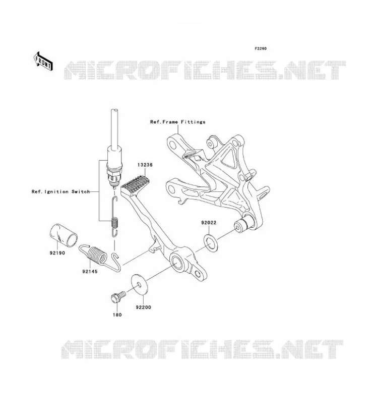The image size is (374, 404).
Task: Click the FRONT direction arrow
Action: click(43, 61)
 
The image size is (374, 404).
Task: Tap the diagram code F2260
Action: click(261, 48)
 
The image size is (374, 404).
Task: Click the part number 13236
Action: click(145, 165)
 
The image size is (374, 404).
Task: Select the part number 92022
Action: click(209, 223)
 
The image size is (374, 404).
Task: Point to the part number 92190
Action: click(57, 253)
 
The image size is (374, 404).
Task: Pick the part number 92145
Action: click(90, 271)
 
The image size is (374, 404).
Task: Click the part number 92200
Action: click(144, 308)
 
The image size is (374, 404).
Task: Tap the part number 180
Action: click(117, 315)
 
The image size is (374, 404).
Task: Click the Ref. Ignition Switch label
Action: click(60, 192)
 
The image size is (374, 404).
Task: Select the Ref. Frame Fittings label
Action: click(178, 122)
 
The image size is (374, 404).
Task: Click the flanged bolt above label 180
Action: click(118, 297)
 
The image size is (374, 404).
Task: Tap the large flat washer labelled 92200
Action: click(140, 284)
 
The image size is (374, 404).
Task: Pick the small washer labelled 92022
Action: click(211, 242)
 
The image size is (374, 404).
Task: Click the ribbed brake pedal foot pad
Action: click(134, 185)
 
